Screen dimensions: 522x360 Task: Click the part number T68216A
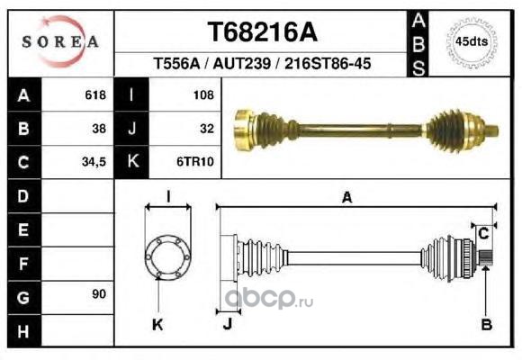[262, 32]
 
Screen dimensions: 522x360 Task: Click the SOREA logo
[60, 41]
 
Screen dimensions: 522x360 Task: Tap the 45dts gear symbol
[472, 42]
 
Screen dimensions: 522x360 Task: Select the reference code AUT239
[242, 63]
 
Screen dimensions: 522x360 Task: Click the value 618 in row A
[95, 94]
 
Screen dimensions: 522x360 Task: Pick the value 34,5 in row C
[94, 162]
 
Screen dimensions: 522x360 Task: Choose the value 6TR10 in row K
[195, 162]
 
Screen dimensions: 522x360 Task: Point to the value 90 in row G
[99, 294]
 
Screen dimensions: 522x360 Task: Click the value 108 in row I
[203, 95]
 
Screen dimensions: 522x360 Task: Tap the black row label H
[23, 331]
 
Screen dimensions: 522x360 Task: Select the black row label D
[23, 196]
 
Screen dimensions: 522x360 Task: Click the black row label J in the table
[131, 129]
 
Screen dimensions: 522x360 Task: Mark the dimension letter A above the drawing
[346, 197]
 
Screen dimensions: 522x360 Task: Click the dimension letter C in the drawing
[483, 233]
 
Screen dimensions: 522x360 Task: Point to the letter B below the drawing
[487, 324]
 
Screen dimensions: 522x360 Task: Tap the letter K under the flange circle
[157, 324]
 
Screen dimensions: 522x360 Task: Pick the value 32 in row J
[207, 129]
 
